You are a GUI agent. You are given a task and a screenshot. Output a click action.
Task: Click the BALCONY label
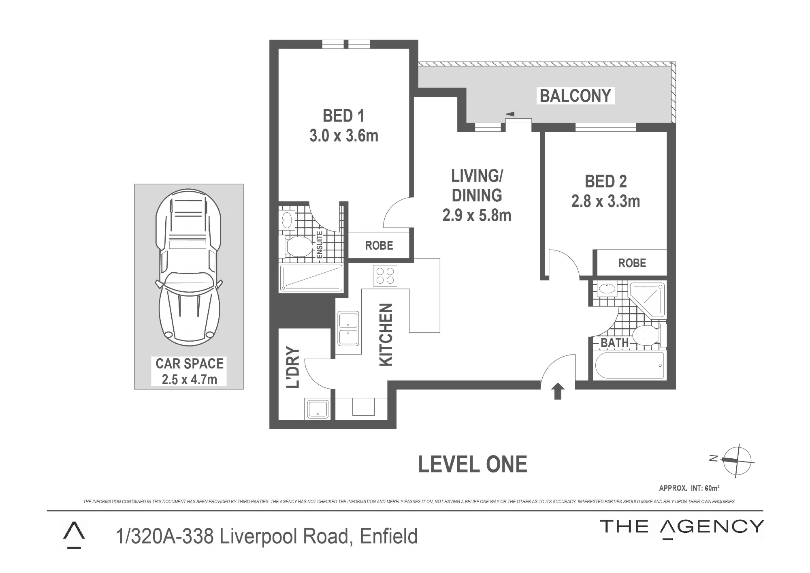point(575,96)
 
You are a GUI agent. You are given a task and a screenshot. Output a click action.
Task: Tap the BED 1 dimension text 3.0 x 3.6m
point(344,136)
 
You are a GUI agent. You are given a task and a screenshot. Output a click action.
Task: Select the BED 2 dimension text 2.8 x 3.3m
point(605,201)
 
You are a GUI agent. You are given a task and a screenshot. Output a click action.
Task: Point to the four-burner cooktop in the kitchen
point(385,276)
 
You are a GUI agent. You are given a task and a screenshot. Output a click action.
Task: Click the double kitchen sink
point(348,329)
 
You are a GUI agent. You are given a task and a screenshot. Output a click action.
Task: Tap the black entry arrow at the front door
point(558,391)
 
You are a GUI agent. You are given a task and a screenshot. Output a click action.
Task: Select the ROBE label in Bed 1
point(379,246)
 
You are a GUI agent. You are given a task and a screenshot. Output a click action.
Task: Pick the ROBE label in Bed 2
point(632,263)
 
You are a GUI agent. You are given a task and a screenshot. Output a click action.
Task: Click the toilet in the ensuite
point(297,246)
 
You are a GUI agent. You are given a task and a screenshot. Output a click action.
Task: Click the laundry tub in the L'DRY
point(318,409)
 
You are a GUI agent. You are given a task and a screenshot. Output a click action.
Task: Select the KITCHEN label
point(386,335)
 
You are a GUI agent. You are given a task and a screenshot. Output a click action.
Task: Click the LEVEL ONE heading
point(473,464)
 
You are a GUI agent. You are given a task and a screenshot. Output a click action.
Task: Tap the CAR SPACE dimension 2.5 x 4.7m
point(190,380)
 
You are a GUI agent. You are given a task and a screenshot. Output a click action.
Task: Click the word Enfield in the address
point(388,536)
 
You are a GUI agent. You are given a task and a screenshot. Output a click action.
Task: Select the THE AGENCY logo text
point(682,527)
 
